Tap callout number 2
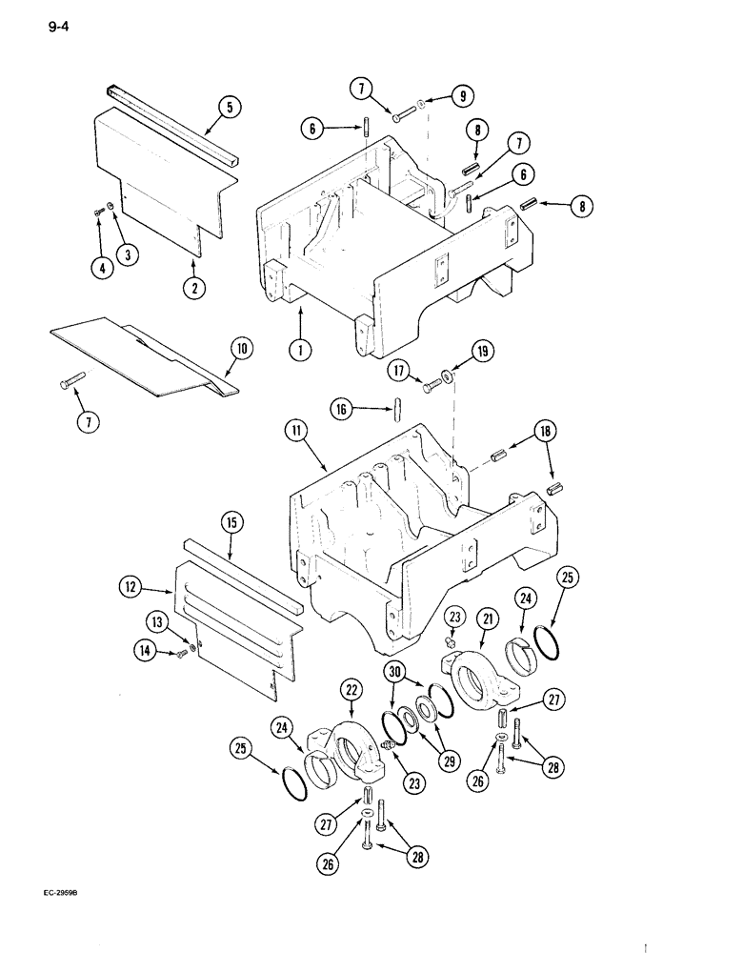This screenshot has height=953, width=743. (195, 285)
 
